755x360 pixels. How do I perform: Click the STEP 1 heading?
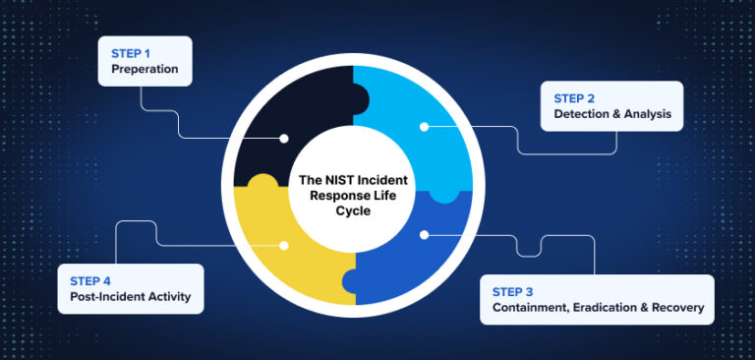[x=131, y=53]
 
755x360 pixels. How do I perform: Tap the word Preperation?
[x=144, y=71]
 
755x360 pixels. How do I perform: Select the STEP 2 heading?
[x=574, y=97]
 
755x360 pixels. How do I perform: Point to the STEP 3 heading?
[x=513, y=291]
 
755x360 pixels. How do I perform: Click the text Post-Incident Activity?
[x=130, y=296]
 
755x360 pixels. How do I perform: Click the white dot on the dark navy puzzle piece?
[x=284, y=138]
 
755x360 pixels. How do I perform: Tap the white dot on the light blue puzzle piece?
[x=425, y=126]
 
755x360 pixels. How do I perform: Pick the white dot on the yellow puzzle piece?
[x=284, y=245]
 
